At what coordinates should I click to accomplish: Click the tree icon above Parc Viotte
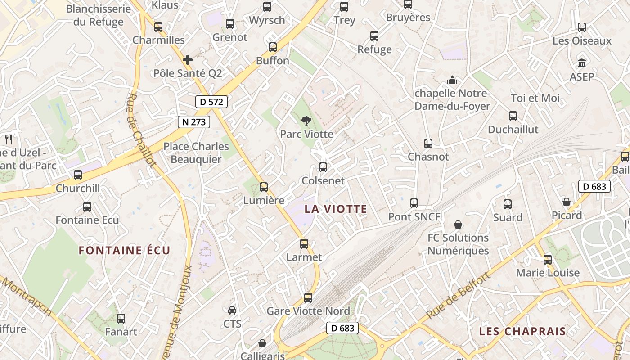[x=306, y=121]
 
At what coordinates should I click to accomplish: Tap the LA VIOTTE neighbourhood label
[x=336, y=209]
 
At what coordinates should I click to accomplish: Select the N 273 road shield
[x=194, y=121]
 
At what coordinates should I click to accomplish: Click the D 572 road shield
[x=211, y=102]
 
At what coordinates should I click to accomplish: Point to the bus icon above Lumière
[x=264, y=187]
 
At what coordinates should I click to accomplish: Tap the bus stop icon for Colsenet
[x=323, y=167]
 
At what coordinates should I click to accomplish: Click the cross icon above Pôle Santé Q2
[x=188, y=59]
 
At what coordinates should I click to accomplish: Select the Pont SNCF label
[x=414, y=217]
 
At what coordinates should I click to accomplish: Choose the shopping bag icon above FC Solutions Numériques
[x=458, y=224]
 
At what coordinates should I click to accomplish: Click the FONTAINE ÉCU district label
[x=125, y=250]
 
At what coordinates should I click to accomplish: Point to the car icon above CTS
[x=232, y=310]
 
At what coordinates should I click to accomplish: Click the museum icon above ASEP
[x=582, y=63]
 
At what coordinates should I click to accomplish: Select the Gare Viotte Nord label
[x=308, y=311]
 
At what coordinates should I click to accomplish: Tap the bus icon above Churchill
[x=78, y=175]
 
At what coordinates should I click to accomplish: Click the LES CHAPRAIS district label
[x=522, y=332]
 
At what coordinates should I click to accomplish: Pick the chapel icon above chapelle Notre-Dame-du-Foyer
[x=452, y=80]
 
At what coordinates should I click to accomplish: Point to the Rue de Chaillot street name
[x=141, y=130]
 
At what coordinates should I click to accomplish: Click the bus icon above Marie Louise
[x=548, y=259]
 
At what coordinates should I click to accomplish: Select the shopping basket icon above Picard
[x=567, y=202]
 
